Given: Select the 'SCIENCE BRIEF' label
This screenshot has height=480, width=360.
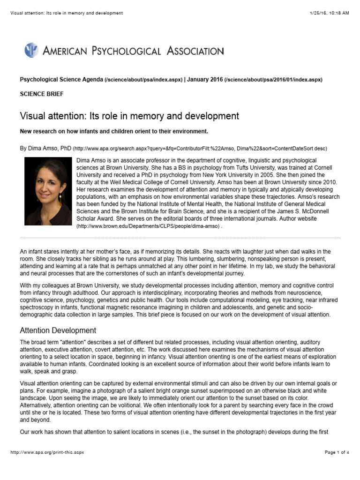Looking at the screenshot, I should coord(41,94).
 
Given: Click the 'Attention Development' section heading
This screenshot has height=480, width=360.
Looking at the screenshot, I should coord(58,330).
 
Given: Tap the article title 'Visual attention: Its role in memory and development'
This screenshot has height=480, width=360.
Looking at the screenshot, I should coord(129,116).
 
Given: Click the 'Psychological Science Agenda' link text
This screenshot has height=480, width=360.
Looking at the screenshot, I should coord(61,80).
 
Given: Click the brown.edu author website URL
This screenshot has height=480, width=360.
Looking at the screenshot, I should coord(148,226).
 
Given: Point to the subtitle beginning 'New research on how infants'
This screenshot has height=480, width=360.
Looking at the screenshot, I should coord(113,131).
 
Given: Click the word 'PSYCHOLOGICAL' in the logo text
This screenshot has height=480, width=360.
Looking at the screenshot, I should coord(119,51).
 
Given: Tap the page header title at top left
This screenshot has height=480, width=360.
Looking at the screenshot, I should coord(66,13).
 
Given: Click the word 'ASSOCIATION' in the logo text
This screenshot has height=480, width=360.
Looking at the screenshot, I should coord(195,51).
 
